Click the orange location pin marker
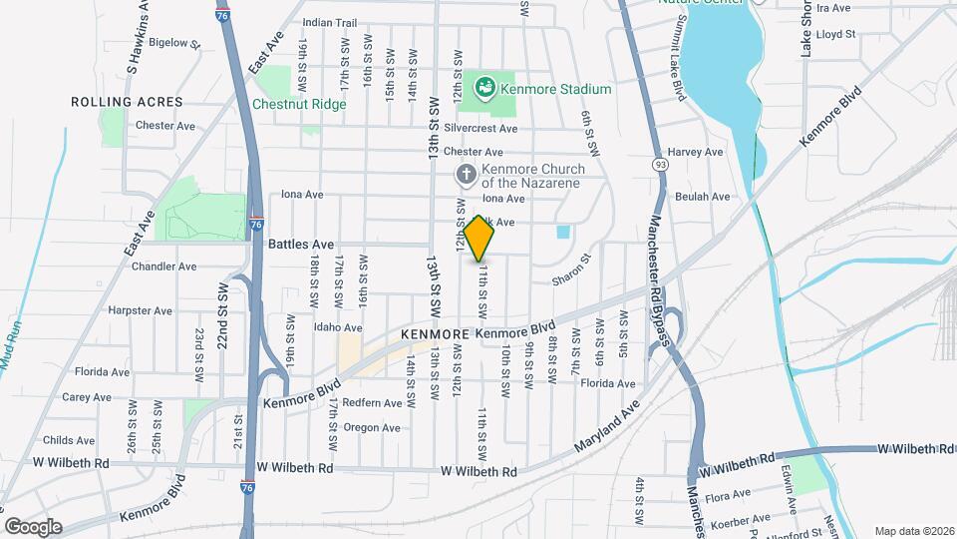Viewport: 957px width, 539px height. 479,239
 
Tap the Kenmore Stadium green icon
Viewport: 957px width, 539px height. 485,88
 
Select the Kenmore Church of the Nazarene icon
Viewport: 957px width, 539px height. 465,176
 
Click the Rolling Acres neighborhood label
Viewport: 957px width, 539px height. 127,102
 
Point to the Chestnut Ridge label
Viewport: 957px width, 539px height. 299,104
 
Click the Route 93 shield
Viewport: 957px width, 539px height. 660,163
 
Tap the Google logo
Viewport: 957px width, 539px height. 33,526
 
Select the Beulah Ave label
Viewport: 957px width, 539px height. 703,197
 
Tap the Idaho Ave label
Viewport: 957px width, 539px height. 338,327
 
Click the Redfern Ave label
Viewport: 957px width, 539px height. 375,403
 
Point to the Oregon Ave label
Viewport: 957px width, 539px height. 371,427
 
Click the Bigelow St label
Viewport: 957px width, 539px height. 174,43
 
